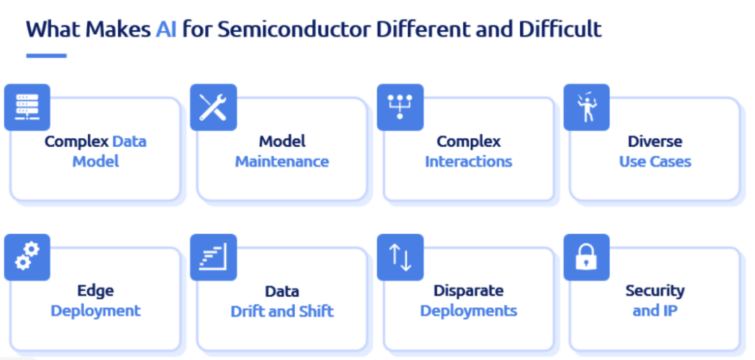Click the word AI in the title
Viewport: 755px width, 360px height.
coord(166,30)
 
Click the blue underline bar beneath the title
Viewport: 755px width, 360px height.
coord(46,56)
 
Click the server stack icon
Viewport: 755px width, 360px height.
coord(27,108)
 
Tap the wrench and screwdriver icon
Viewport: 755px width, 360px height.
coord(213,108)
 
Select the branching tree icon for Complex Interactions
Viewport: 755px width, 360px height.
coord(400,106)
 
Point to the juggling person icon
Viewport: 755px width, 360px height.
coord(587,108)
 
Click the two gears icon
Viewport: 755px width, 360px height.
coord(27,257)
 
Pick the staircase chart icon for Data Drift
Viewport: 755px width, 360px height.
coord(213,257)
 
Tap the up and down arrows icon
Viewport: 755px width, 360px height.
coord(400,257)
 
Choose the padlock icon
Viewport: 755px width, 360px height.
coord(586,257)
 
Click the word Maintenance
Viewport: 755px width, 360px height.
coord(282,161)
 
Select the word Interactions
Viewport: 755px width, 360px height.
coord(468,161)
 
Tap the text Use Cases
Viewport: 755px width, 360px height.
coord(655,161)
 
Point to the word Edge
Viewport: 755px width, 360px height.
coord(95,291)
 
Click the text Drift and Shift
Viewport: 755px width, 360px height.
coord(282,311)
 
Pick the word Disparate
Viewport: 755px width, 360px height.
coord(468,291)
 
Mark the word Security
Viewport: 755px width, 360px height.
coord(655,291)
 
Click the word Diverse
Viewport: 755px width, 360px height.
coord(655,141)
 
